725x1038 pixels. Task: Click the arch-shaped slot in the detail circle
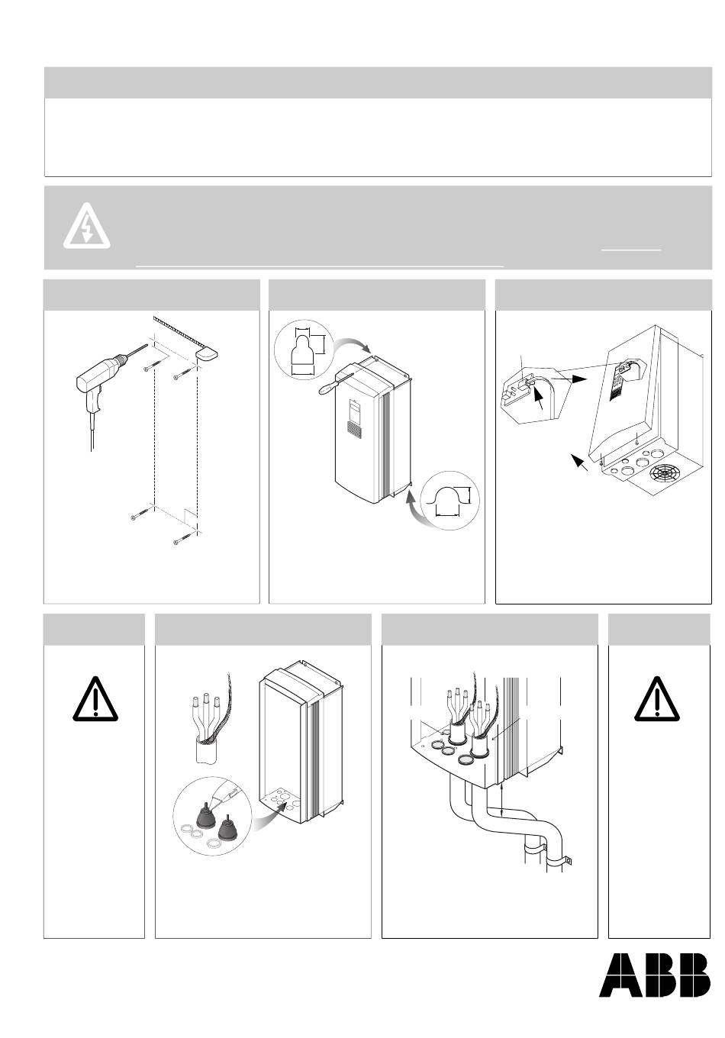click(x=448, y=499)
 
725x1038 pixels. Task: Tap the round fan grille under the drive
click(x=664, y=478)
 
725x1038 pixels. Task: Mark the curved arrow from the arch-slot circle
click(x=414, y=511)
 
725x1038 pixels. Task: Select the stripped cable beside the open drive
click(x=208, y=722)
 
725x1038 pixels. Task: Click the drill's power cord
click(x=92, y=431)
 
